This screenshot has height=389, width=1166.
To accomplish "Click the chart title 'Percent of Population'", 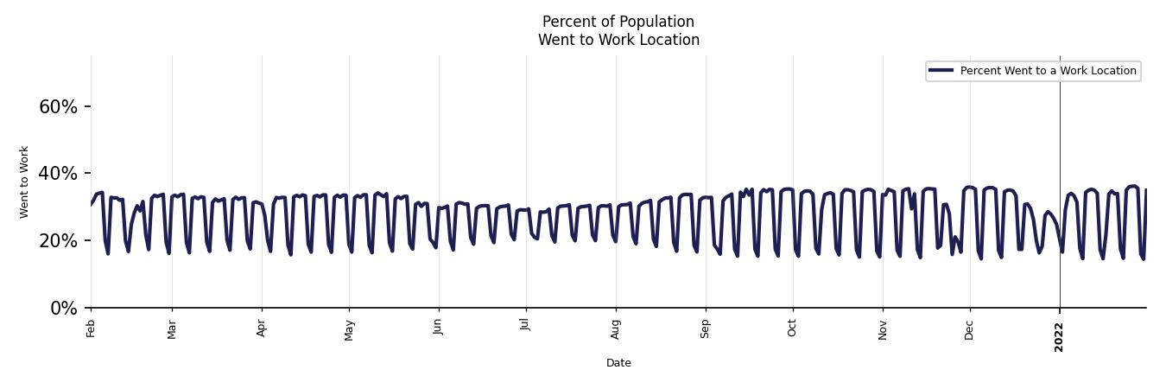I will (x=618, y=22).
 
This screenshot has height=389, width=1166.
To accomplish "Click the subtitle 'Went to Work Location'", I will (x=618, y=40).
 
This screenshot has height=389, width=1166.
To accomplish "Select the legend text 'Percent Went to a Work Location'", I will (x=1048, y=71).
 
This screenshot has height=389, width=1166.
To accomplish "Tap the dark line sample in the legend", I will (x=941, y=71).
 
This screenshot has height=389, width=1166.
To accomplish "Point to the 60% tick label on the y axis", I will (x=58, y=107).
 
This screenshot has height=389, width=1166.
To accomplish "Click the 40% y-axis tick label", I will (x=58, y=174).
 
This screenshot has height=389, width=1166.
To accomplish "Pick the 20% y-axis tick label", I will (x=58, y=241).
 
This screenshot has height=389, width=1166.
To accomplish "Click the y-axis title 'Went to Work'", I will (x=24, y=182).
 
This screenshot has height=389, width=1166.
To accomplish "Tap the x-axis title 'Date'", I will (x=618, y=363).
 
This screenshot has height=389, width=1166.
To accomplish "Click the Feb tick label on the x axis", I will (x=91, y=327).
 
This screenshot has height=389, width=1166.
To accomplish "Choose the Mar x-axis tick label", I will (x=172, y=328).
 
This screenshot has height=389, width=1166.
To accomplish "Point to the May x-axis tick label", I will (x=349, y=328).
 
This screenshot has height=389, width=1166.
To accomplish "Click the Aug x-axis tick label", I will (x=616, y=328).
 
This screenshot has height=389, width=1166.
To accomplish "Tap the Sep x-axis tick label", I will (x=706, y=328).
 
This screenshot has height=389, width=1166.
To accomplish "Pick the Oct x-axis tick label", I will (x=792, y=327).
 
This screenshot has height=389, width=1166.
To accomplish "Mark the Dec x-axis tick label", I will (x=969, y=328).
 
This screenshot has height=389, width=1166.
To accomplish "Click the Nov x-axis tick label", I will (x=883, y=328).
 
